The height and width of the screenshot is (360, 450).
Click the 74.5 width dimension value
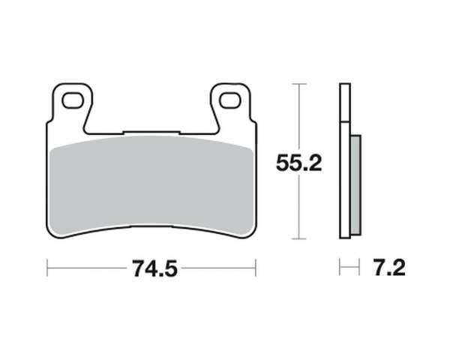[x=155, y=268]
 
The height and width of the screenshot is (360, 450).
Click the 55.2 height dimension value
[x=298, y=163]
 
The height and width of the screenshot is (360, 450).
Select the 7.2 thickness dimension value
[x=389, y=268]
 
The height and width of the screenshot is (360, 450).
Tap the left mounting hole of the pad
[x=73, y=100]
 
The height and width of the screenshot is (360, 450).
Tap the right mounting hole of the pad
[x=229, y=100]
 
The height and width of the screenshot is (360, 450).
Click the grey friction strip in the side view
[x=355, y=185]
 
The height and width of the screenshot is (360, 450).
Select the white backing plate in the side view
[x=345, y=160]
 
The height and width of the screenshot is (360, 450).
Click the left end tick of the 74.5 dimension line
[x=47, y=268]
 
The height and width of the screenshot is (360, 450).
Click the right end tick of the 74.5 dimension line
[x=256, y=268]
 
